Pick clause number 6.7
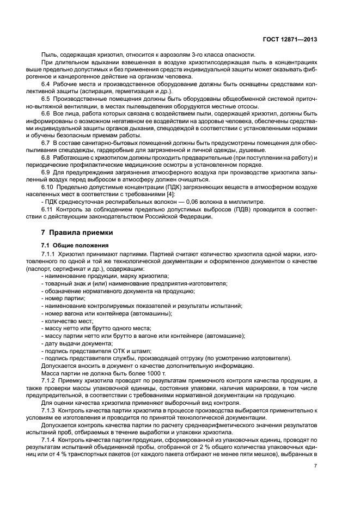pyautogui.click(x=46, y=142)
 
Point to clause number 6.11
pyautogui.click(x=48, y=209)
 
